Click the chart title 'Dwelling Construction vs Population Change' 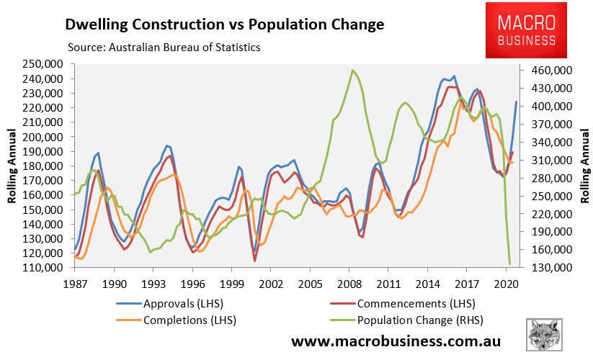[x=224, y=25]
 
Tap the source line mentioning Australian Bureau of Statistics [x=164, y=48]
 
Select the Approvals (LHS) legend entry [x=188, y=303]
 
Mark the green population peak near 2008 [x=352, y=70]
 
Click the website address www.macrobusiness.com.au [x=396, y=340]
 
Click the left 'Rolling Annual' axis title [x=12, y=166]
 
